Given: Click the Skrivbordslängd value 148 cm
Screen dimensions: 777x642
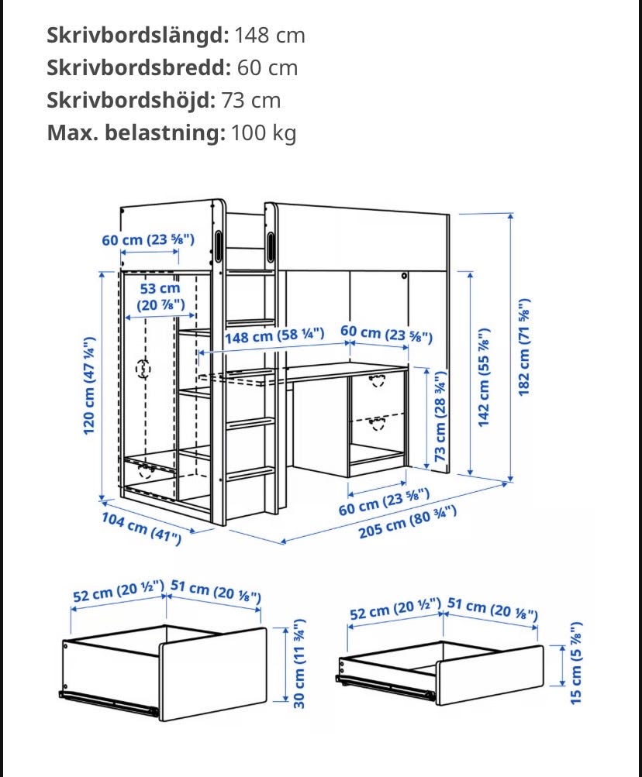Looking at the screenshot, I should [269, 36].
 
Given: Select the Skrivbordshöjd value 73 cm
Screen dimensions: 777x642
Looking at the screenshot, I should [251, 101].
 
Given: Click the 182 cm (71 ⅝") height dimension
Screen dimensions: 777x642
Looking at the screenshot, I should [525, 347].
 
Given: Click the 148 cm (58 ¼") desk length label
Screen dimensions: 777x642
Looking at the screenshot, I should [274, 336].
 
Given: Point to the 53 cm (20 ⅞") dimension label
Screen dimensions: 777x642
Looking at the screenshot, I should [160, 297].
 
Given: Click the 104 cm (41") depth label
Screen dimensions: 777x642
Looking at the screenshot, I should [142, 528].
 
